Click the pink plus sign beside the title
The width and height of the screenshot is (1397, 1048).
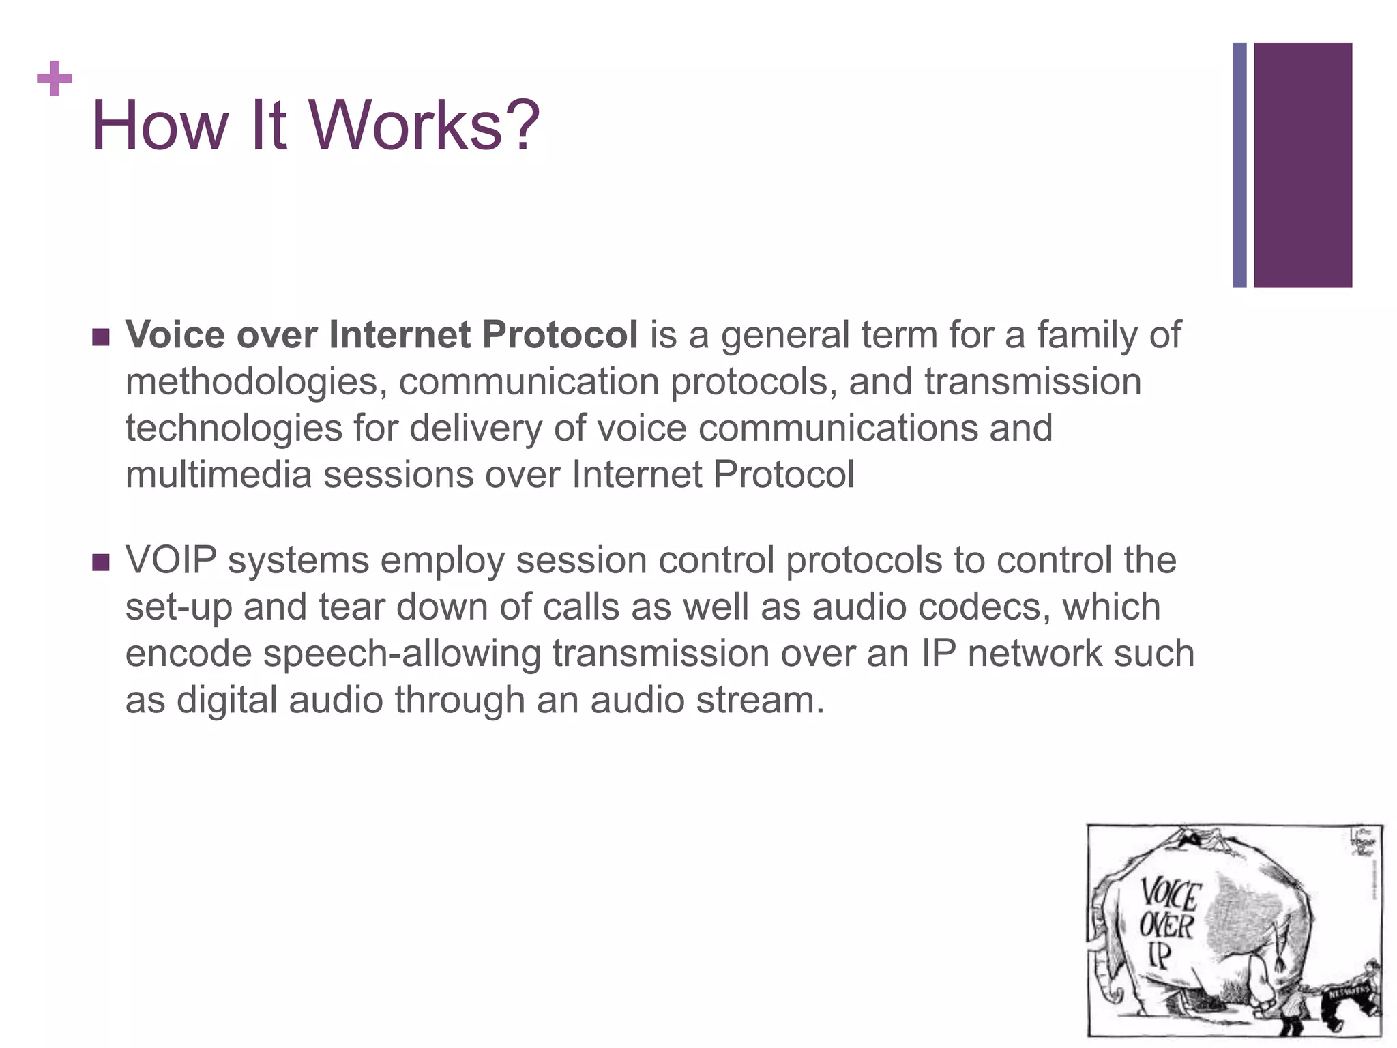tap(54, 78)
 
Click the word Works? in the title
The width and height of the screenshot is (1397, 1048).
tap(424, 126)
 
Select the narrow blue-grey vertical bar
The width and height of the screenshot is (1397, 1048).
tap(1239, 165)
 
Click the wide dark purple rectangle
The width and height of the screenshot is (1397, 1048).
tap(1302, 165)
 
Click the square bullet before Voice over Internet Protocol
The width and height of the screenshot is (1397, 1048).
tap(100, 337)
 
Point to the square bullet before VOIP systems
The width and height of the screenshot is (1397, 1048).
tap(100, 562)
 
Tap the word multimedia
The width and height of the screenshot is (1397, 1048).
tap(218, 475)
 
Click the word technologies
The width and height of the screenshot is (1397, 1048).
tap(233, 428)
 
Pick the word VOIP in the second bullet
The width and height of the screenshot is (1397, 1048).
tap(171, 561)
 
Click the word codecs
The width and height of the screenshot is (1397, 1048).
tap(984, 607)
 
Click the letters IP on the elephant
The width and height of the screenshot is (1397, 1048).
tap(1159, 955)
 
